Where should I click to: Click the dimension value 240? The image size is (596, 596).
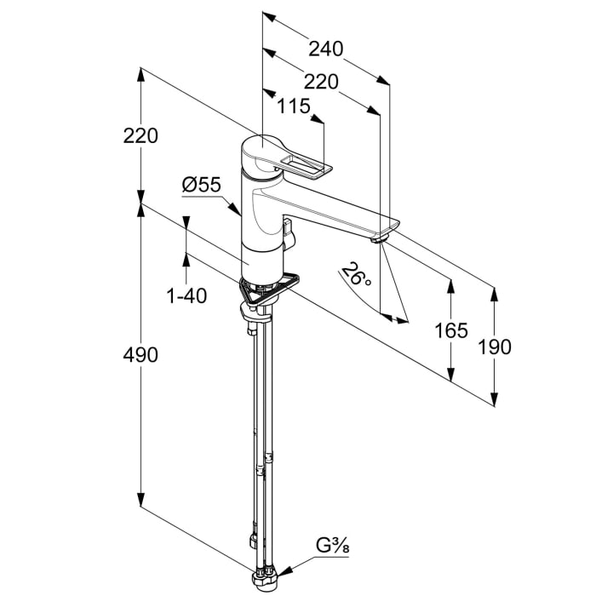[x=326, y=49]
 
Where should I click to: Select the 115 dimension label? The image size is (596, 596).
[x=293, y=106]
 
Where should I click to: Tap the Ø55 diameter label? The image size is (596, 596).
[x=202, y=184]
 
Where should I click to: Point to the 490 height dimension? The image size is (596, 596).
[x=140, y=354]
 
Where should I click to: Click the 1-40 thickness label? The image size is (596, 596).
[x=186, y=295]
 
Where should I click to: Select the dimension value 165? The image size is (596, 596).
[x=451, y=330]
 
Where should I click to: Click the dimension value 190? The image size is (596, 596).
[x=495, y=347]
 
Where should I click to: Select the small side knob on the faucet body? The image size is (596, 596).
[x=289, y=232]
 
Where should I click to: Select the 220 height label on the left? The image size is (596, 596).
[x=140, y=135]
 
